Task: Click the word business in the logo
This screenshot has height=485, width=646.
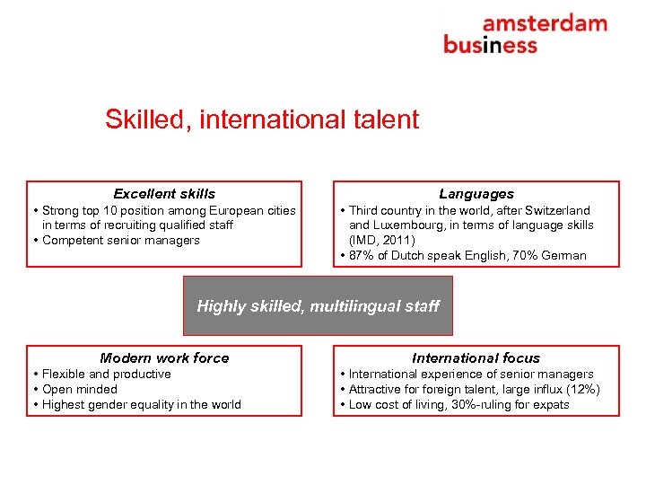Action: [490, 45]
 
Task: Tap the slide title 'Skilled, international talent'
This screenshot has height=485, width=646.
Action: [262, 119]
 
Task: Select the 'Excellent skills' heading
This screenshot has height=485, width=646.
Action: [164, 194]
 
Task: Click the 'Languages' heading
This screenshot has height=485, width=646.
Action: [476, 194]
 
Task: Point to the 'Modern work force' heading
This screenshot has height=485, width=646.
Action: [164, 358]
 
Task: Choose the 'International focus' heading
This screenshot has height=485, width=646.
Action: [476, 358]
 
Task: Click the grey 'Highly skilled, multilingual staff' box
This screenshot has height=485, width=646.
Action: [318, 306]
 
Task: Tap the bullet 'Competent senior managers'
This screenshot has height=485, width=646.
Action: [121, 241]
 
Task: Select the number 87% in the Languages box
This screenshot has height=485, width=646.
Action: [362, 256]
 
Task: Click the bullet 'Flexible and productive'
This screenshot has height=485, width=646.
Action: [106, 375]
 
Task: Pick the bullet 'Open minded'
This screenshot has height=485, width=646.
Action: [80, 390]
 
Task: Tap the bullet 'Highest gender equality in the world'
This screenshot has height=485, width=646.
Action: [141, 405]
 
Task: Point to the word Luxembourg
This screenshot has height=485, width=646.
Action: [416, 225]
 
